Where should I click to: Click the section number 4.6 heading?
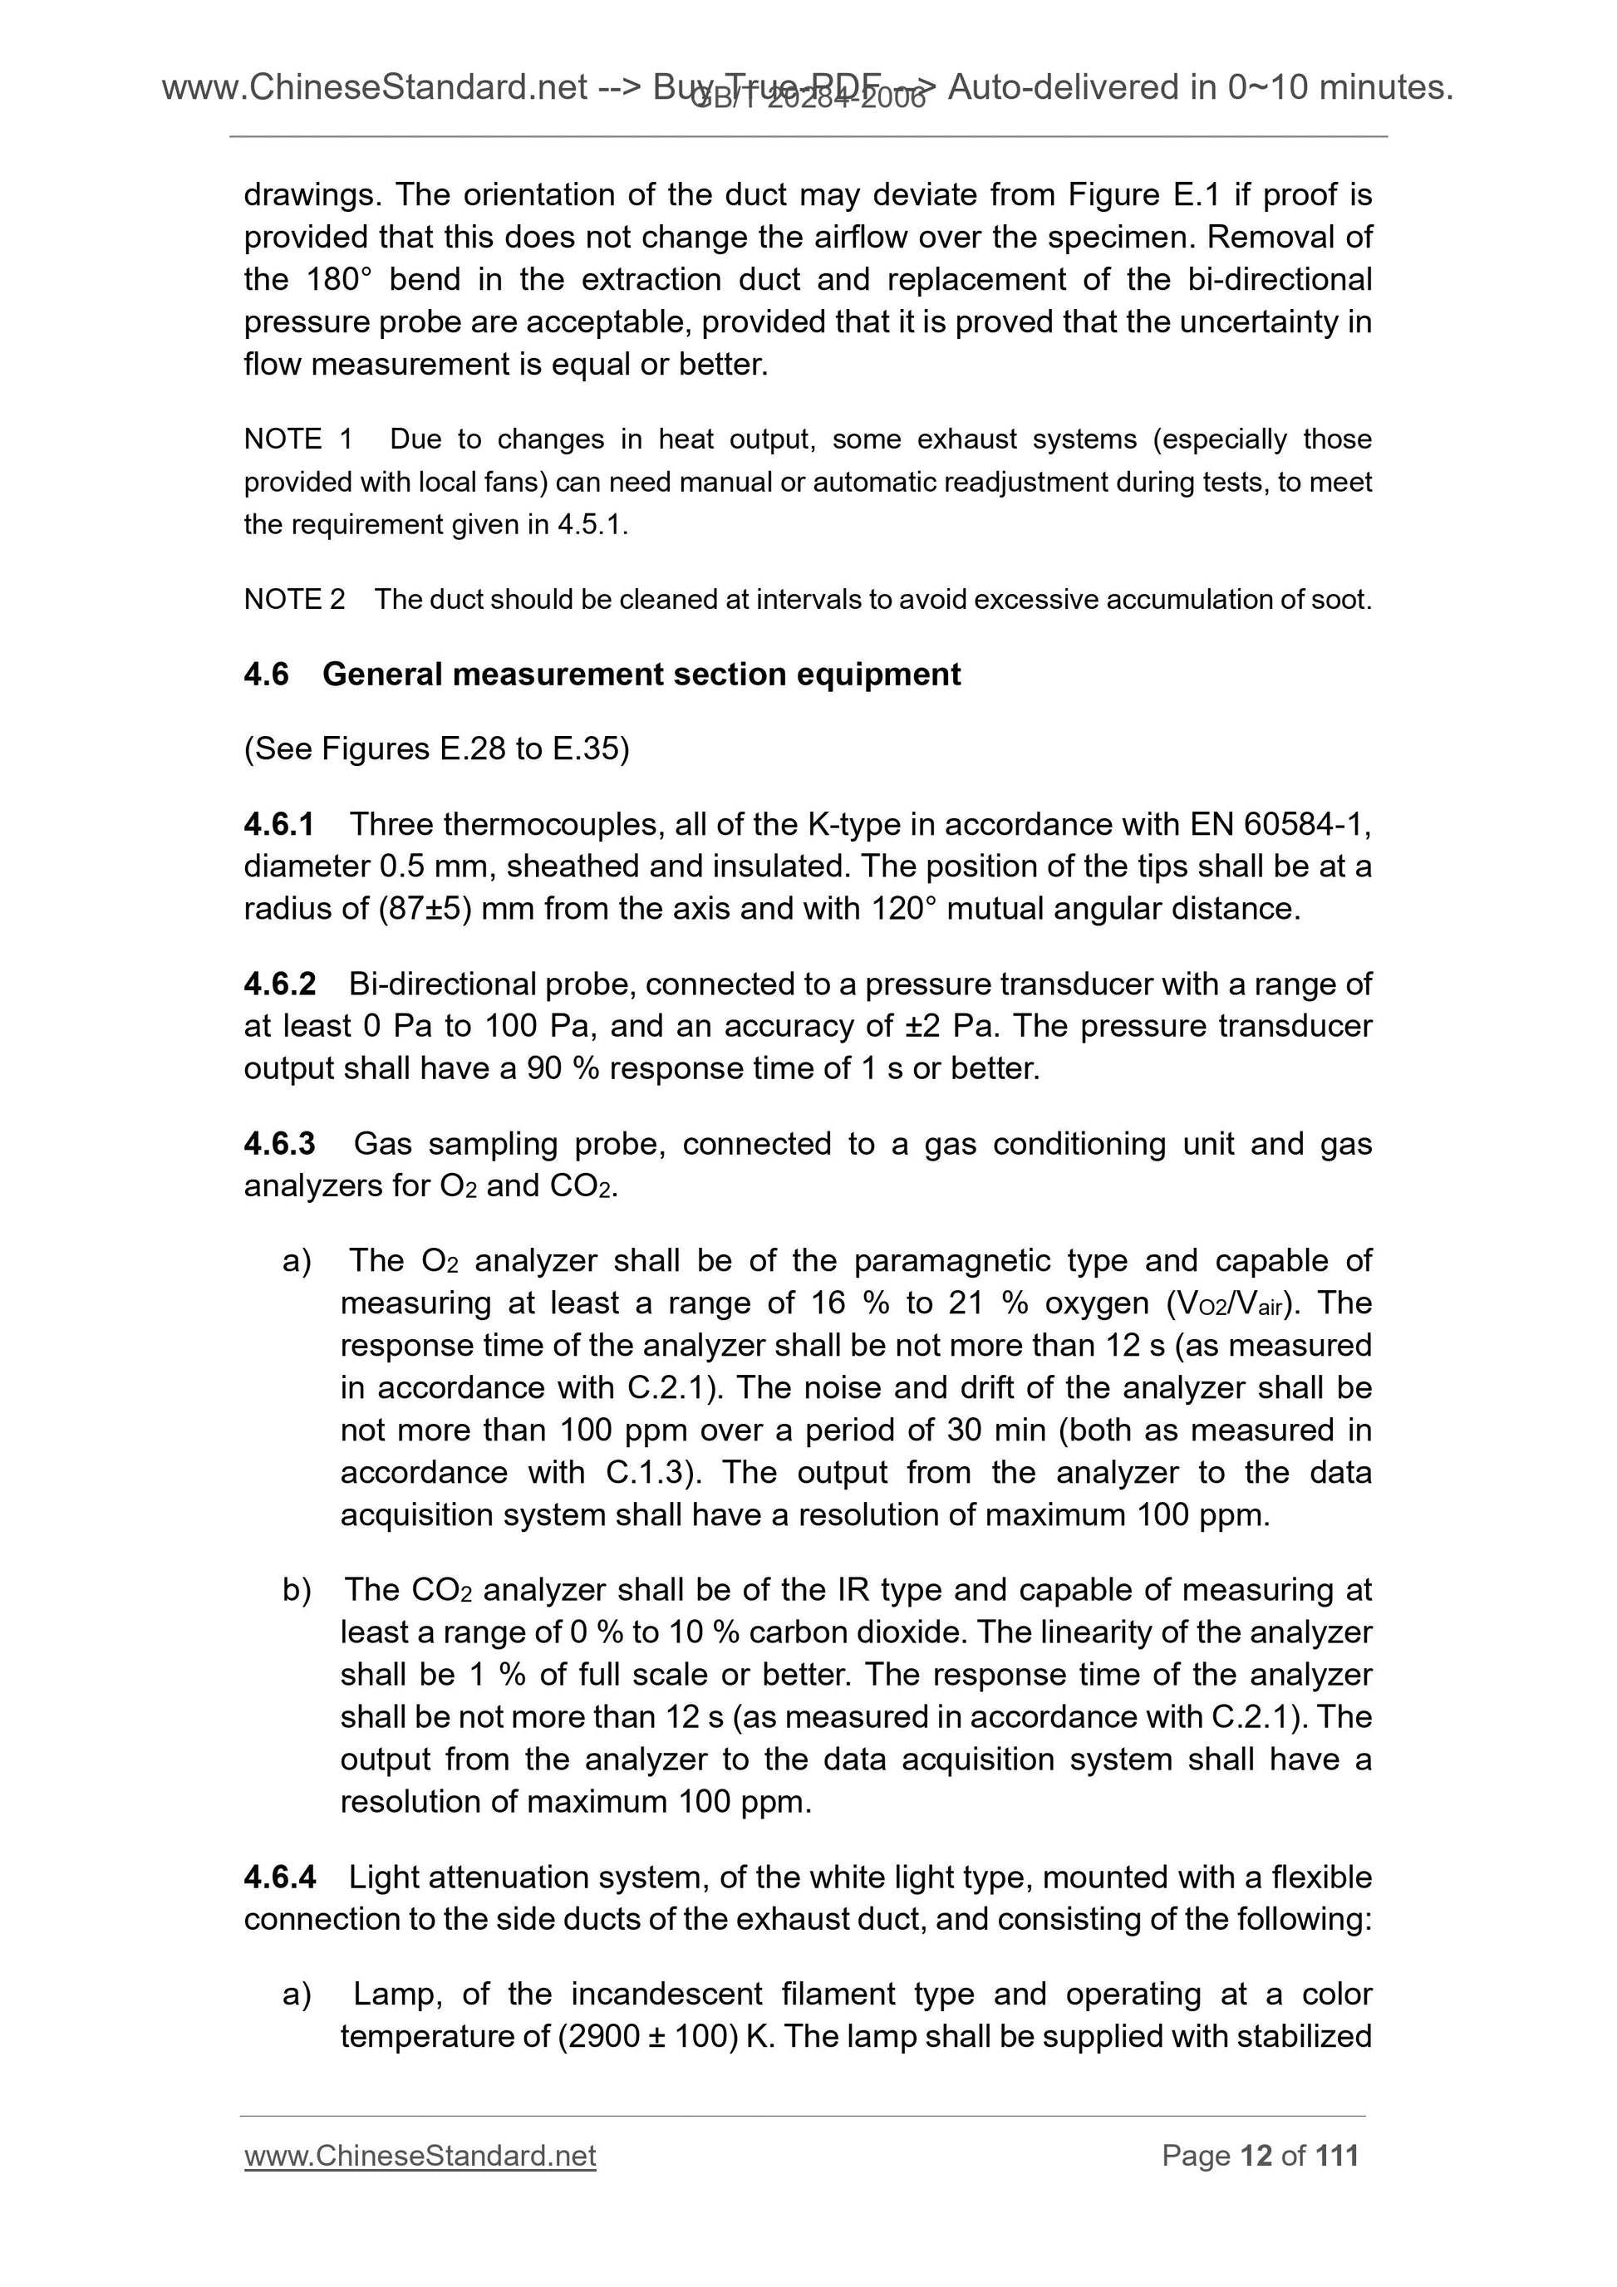point(266,675)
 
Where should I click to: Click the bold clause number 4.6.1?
point(279,824)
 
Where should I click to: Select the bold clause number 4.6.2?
point(279,984)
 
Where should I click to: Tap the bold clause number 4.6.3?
point(279,1143)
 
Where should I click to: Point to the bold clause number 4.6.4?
point(279,1877)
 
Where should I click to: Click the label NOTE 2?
point(294,600)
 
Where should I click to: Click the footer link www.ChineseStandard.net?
point(420,2156)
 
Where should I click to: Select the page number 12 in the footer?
point(1256,2156)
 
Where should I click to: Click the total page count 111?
point(1336,2156)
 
